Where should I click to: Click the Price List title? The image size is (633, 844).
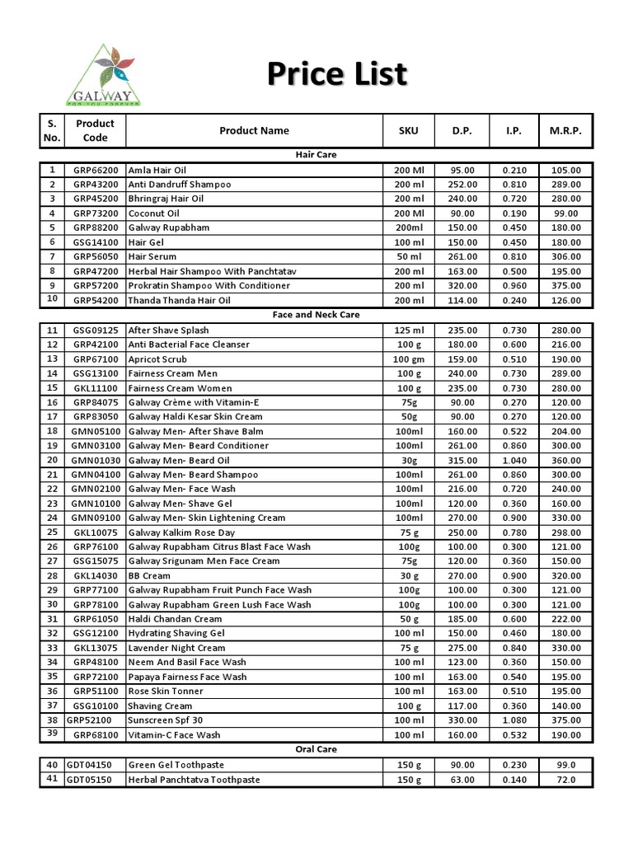pos(337,74)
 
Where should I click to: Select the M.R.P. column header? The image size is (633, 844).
pos(565,130)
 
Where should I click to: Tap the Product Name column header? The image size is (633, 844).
pos(254,130)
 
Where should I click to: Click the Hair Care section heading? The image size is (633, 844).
pos(316,154)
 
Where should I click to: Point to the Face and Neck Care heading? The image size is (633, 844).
pos(316,314)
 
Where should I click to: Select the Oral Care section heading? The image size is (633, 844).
pos(316,749)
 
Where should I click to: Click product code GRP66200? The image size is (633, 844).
pos(95,170)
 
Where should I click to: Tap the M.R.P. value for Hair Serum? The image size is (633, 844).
pos(565,256)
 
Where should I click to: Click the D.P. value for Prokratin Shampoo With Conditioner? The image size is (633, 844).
pos(462,285)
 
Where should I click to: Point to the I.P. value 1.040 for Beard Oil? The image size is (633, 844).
pos(514,460)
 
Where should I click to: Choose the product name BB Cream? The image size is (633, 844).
pos(149,575)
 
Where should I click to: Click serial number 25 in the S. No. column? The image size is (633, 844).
pos(52,532)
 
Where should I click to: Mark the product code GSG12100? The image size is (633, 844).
pos(95,633)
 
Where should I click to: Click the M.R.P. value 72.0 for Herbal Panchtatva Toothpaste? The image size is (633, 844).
pos(565,780)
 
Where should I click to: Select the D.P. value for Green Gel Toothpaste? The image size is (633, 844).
pos(462,765)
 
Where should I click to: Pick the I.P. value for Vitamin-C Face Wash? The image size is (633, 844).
pos(514,734)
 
